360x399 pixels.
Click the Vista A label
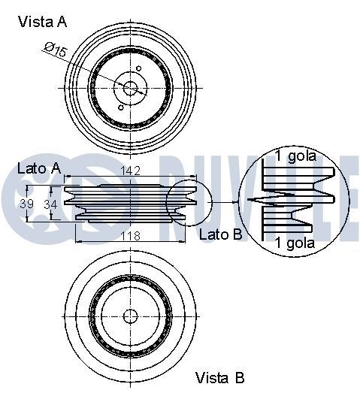(x=42, y=22)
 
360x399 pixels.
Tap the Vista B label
(x=219, y=377)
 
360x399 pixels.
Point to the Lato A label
(x=38, y=169)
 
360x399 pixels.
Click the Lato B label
(x=220, y=234)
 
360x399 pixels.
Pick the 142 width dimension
(x=131, y=171)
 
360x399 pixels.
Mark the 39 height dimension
(x=27, y=204)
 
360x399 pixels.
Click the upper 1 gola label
(x=295, y=157)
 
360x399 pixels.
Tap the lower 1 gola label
(x=295, y=242)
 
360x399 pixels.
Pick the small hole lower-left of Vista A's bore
(x=120, y=107)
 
